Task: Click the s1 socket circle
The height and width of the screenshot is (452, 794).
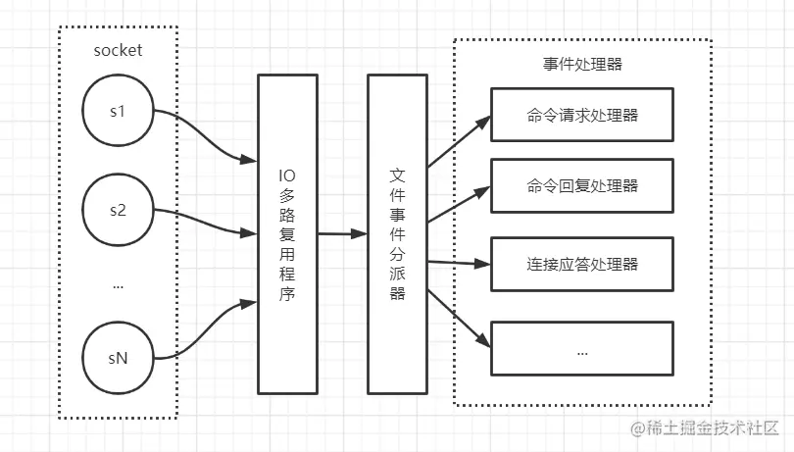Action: click(118, 111)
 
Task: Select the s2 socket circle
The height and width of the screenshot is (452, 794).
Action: click(118, 210)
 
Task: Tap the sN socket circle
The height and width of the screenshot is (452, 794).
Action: click(118, 358)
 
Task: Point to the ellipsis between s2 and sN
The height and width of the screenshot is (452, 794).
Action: click(118, 286)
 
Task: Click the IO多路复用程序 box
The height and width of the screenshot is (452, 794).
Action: click(288, 234)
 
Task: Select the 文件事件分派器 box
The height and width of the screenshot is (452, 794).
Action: click(398, 234)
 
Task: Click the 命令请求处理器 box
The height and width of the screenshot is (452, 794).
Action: click(581, 115)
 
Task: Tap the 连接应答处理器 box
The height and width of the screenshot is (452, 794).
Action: click(581, 265)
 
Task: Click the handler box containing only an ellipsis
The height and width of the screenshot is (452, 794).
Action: click(581, 349)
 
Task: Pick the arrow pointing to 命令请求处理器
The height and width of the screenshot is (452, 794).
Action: click(459, 138)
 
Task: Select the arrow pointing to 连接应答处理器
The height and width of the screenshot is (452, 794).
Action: click(459, 262)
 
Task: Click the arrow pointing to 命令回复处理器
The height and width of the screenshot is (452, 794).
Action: click(459, 206)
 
